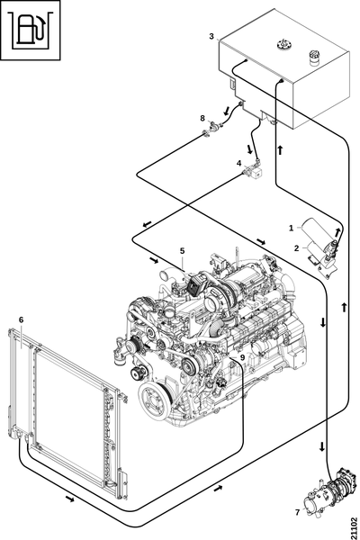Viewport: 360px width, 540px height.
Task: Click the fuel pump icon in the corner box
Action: [x=31, y=31]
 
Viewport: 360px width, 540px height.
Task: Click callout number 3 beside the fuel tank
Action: [x=211, y=36]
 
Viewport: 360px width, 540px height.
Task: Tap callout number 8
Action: [x=202, y=119]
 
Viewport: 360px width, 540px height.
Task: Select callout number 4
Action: [x=239, y=163]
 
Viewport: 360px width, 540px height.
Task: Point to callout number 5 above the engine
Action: [x=182, y=251]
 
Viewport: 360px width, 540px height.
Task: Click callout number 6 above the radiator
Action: [x=21, y=319]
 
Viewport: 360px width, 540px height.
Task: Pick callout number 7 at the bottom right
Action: [x=298, y=513]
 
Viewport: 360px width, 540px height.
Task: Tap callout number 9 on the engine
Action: [x=242, y=357]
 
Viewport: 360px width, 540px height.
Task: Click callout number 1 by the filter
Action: [x=291, y=228]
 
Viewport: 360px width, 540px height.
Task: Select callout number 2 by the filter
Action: [x=297, y=248]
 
